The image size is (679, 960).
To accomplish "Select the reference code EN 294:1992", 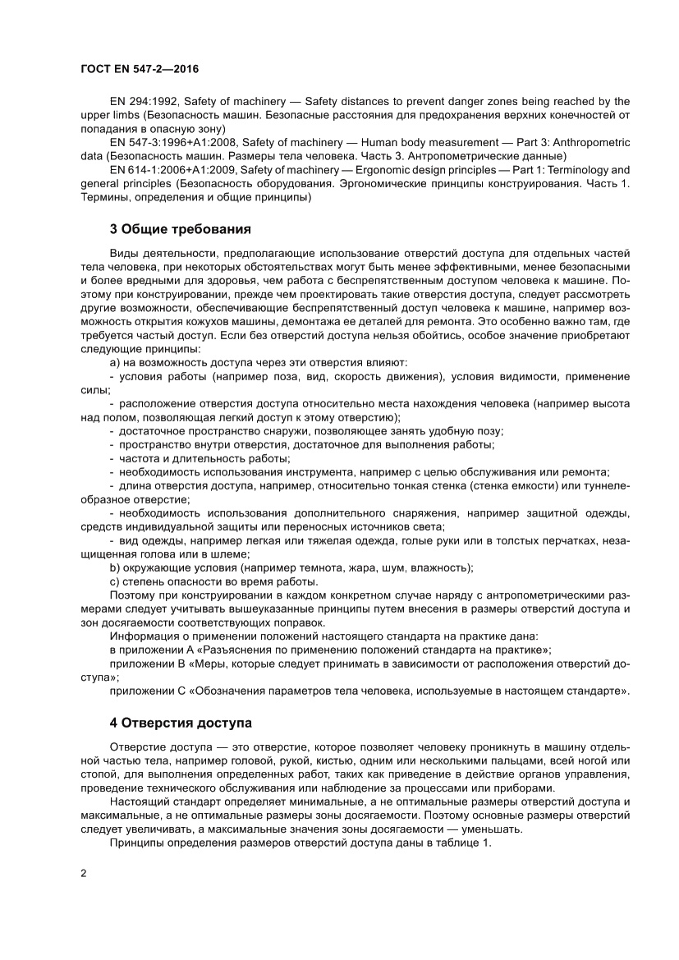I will (x=144, y=102).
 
